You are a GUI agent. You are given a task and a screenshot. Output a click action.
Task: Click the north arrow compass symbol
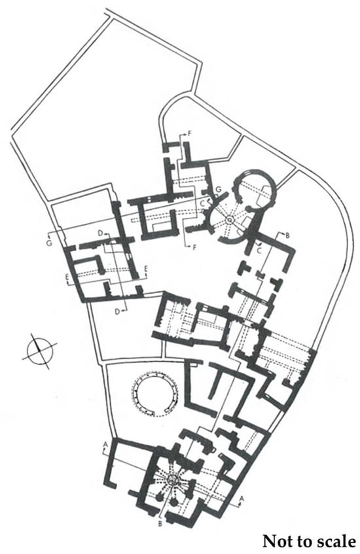click(40, 351)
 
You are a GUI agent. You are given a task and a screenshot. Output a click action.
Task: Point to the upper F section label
click(190, 133)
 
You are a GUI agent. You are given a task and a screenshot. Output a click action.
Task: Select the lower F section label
click(194, 247)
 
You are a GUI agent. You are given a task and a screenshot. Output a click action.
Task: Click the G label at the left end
click(50, 243)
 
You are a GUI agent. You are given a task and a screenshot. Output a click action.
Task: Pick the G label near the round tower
click(219, 190)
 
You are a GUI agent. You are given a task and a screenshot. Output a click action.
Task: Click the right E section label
click(146, 269)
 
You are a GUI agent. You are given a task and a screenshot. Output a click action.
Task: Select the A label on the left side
click(105, 443)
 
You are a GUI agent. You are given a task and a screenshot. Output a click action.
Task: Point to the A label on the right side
click(242, 498)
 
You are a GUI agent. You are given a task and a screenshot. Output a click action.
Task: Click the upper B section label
click(287, 235)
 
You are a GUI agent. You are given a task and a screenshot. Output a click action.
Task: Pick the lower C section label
click(260, 250)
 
